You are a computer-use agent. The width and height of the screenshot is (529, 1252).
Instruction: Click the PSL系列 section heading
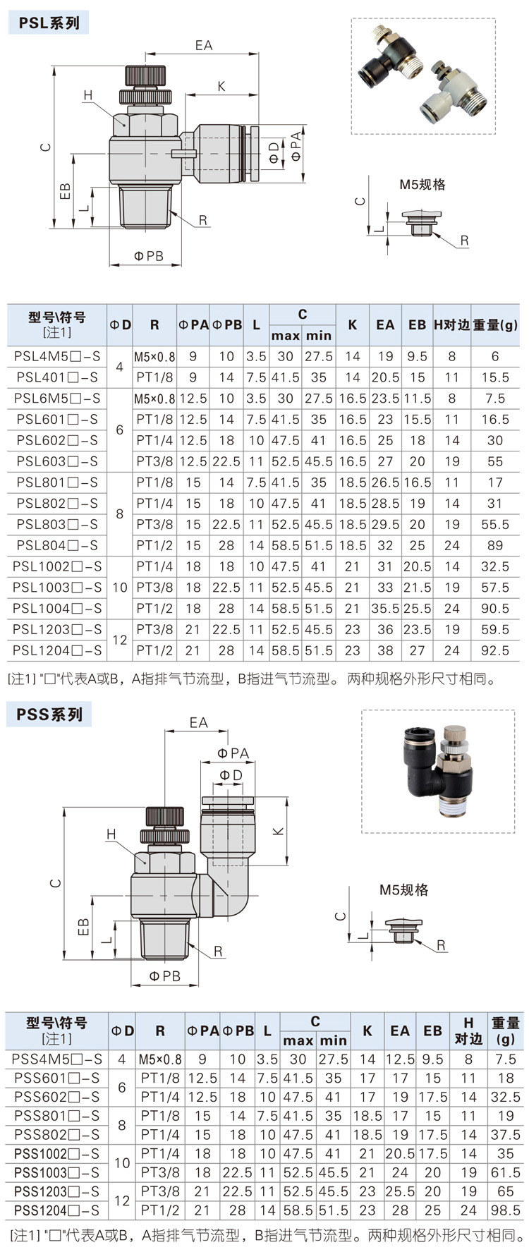pos(49,23)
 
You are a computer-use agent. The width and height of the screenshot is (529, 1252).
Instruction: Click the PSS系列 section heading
pos(49,715)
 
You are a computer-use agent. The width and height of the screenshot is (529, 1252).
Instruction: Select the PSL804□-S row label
pos(57,545)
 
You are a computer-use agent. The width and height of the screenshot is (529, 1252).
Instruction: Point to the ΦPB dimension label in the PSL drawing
pos(148,256)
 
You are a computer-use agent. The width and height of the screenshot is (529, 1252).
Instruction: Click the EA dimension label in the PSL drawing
pos(203,45)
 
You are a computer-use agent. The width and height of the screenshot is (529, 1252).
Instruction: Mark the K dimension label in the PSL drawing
pos(221,86)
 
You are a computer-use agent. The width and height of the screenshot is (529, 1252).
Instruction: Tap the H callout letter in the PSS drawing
pos(111,834)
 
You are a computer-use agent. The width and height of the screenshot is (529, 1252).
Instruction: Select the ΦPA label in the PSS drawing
pos(233,753)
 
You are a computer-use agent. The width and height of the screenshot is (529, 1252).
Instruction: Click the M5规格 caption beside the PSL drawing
pos(422,185)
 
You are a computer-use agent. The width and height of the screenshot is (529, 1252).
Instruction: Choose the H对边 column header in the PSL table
pos(451,324)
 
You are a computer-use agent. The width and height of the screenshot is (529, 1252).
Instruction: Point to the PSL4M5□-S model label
pos(57,356)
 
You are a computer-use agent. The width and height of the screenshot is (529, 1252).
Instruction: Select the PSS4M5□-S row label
pos(56,1059)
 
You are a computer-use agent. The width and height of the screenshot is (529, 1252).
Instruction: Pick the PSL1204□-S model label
pos(57,650)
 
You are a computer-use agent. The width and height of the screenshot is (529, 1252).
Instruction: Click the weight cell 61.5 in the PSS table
pos(505,1172)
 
